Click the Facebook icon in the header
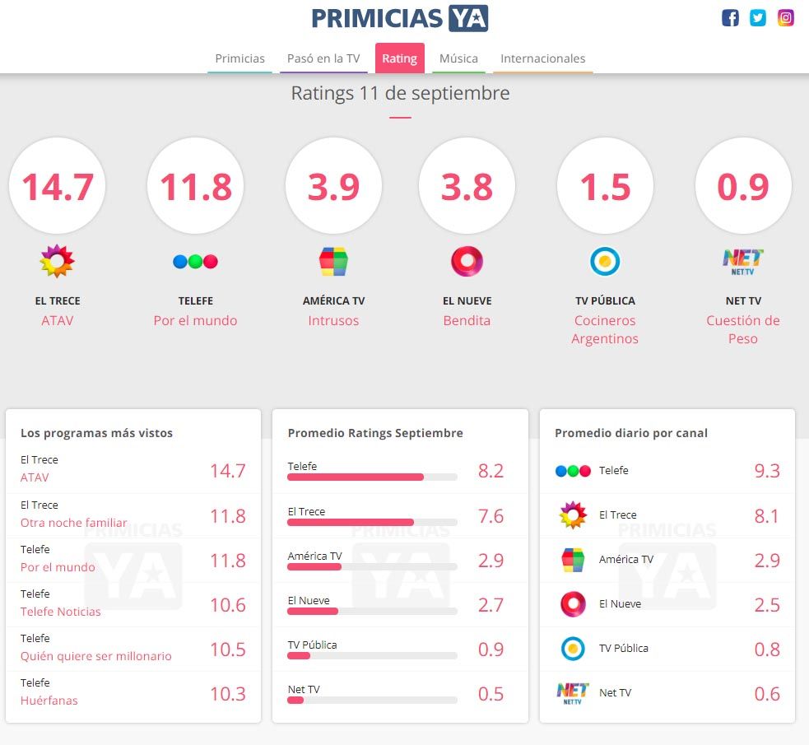click(x=730, y=18)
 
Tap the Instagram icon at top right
click(x=786, y=18)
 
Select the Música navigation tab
click(x=458, y=58)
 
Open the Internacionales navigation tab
click(x=543, y=58)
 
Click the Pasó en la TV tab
click(x=323, y=58)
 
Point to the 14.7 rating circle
click(x=57, y=186)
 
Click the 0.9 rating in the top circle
click(x=743, y=186)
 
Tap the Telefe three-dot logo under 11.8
click(x=195, y=262)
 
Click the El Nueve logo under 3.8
click(x=467, y=262)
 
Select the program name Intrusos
click(x=333, y=320)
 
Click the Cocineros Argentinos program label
click(x=605, y=329)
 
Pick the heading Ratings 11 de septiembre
click(x=400, y=93)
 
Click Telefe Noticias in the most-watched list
click(x=61, y=612)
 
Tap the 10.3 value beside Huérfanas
click(x=227, y=693)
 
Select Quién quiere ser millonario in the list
click(x=96, y=656)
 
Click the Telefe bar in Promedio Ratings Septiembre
click(x=356, y=477)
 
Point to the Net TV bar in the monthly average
click(x=295, y=700)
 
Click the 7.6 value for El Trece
click(x=491, y=516)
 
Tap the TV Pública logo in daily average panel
click(x=573, y=649)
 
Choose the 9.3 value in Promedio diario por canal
click(x=767, y=471)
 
